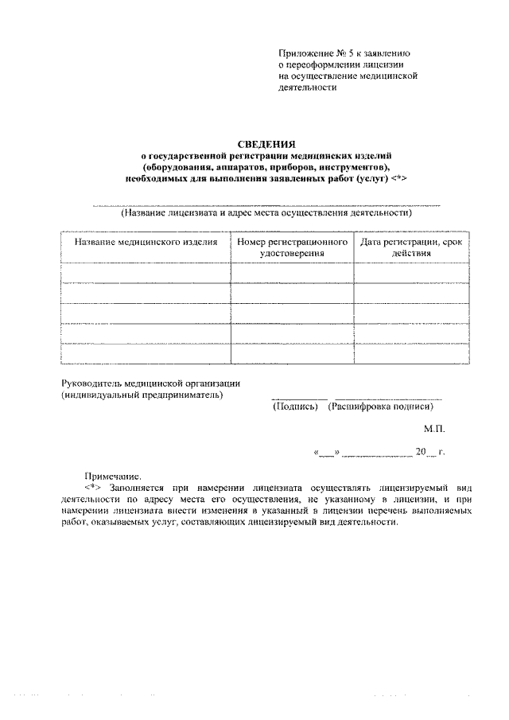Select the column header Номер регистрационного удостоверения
292,247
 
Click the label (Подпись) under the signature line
296,406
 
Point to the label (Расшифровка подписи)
381,406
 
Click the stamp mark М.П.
434,429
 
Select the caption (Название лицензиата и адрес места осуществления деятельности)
266,213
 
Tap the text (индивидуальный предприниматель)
142,395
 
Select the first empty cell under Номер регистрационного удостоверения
292,273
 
